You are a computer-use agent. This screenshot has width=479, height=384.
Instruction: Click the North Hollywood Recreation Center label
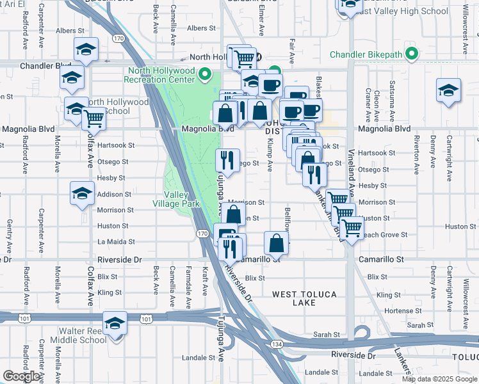click(x=161, y=75)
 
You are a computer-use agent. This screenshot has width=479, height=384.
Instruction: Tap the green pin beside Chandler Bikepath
click(x=413, y=54)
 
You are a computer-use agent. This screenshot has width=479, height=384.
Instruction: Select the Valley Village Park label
click(x=182, y=199)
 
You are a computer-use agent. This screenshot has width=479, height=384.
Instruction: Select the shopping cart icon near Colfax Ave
click(x=94, y=118)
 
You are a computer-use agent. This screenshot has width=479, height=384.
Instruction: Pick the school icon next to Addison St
click(x=82, y=193)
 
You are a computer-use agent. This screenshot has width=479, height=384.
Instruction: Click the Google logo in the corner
click(x=22, y=376)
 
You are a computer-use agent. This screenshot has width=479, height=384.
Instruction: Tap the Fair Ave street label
click(x=292, y=51)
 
